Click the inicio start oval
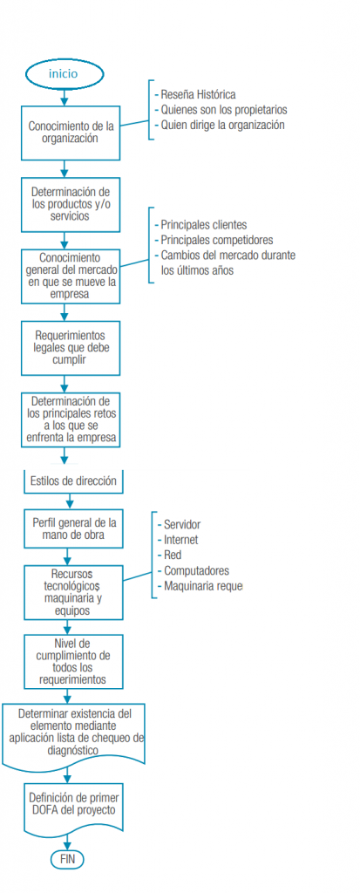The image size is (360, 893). pyautogui.click(x=64, y=73)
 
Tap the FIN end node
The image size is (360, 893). pyautogui.click(x=67, y=859)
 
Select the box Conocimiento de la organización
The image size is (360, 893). pyautogui.click(x=71, y=133)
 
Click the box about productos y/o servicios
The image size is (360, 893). pyautogui.click(x=71, y=204)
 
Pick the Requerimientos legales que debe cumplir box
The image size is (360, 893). pyautogui.click(x=71, y=348)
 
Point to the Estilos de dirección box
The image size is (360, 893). pyautogui.click(x=73, y=481)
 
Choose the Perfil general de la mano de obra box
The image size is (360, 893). pyautogui.click(x=73, y=528)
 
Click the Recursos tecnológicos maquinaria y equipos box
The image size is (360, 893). pyautogui.click(x=73, y=592)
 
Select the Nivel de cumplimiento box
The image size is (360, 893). pyautogui.click(x=73, y=661)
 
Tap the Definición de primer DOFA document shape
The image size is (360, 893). pyautogui.click(x=73, y=808)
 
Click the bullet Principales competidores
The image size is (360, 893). pyautogui.click(x=214, y=239)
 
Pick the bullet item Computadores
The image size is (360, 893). pyautogui.click(x=194, y=570)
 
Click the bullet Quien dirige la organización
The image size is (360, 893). pyautogui.click(x=219, y=126)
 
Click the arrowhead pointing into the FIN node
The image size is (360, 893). pyautogui.click(x=67, y=847)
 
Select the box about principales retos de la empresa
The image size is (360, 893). pyautogui.click(x=71, y=419)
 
